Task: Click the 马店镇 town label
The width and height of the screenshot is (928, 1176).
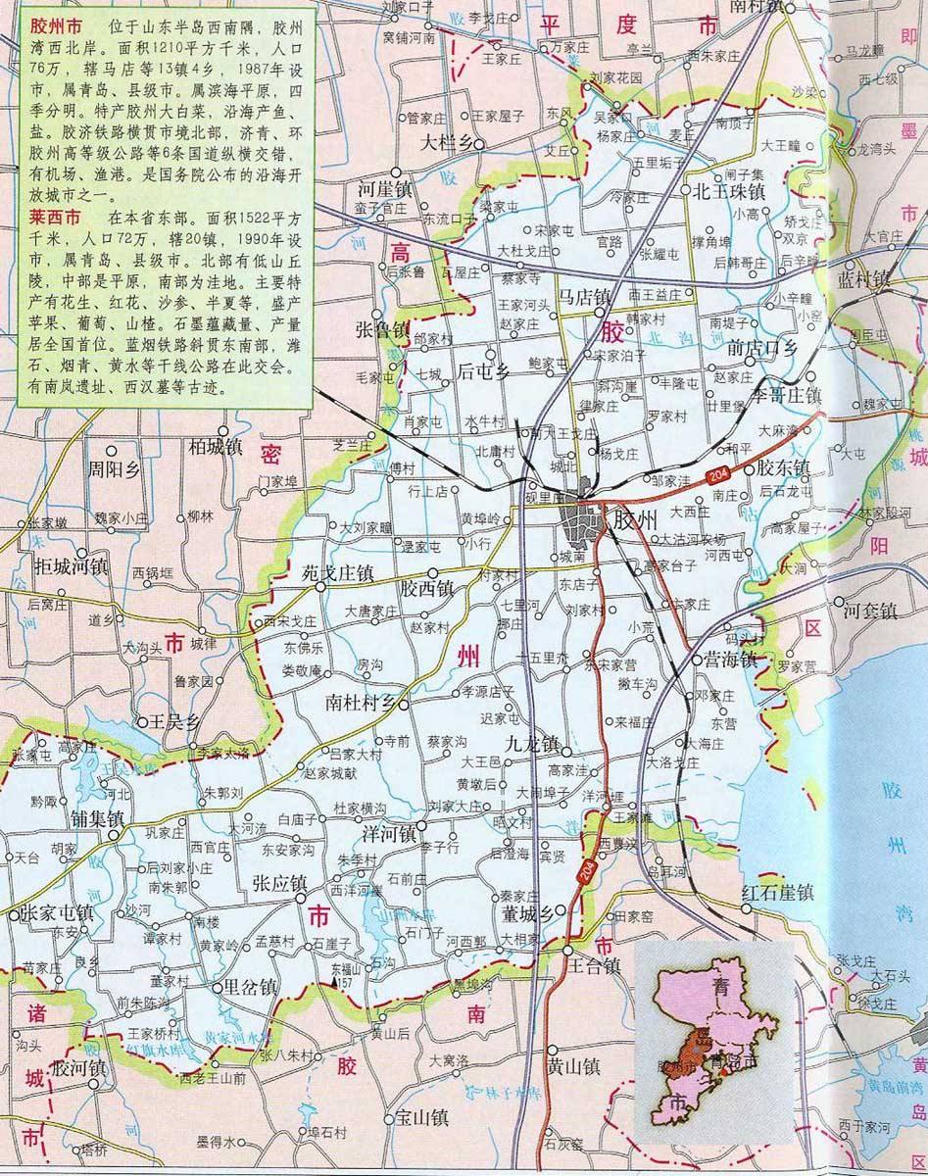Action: [584, 296]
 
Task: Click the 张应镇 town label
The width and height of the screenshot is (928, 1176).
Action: [279, 882]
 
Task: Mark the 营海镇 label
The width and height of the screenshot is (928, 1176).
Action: [730, 660]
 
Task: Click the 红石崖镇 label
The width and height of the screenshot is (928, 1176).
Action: [778, 893]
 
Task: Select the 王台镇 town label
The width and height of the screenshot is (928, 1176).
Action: [594, 965]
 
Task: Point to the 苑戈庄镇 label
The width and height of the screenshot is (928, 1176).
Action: [337, 573]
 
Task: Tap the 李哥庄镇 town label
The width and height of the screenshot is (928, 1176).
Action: [785, 395]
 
